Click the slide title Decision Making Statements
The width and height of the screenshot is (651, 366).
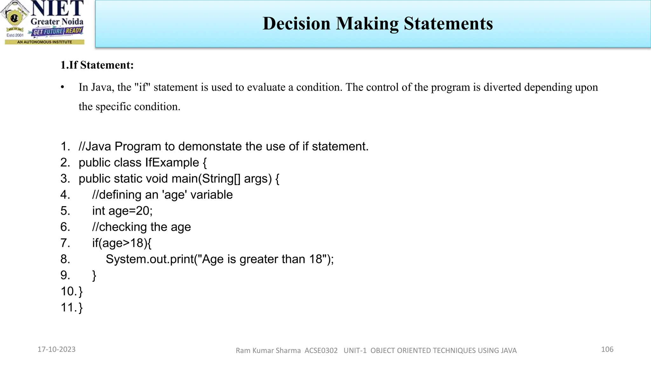377,24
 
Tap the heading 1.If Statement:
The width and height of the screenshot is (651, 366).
97,65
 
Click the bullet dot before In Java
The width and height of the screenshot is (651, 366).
63,87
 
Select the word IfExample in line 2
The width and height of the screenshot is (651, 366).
172,163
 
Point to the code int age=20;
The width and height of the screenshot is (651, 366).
122,211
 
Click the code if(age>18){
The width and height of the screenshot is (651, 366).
122,243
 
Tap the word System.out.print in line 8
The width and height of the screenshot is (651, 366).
149,259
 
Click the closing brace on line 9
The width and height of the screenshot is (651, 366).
94,275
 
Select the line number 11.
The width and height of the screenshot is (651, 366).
68,308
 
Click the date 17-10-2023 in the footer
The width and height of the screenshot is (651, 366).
57,349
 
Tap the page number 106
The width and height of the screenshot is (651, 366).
607,349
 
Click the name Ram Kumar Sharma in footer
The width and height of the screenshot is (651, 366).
268,351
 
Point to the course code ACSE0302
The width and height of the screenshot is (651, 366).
321,351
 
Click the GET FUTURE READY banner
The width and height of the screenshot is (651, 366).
58,31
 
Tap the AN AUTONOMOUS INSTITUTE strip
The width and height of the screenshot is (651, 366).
45,42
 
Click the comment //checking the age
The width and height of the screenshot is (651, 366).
141,227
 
